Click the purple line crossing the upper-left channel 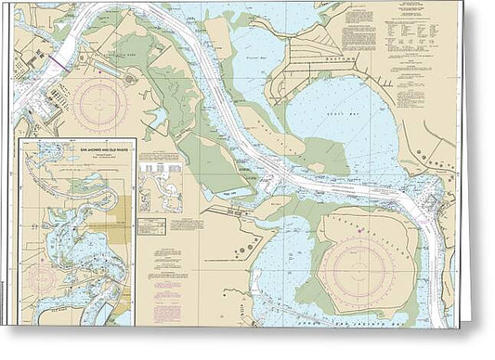(57, 62)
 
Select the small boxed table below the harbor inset (150, 225)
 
